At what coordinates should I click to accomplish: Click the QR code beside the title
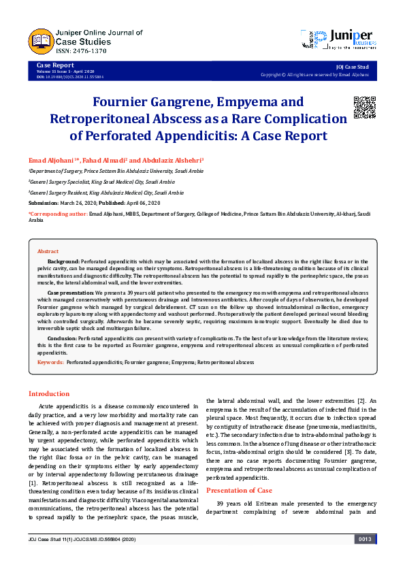(x=364, y=108)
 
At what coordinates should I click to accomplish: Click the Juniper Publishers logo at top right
(x=338, y=39)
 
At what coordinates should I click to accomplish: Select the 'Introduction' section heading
(x=48, y=393)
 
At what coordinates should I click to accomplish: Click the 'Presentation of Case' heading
(x=239, y=489)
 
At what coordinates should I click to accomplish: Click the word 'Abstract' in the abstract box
(x=48, y=251)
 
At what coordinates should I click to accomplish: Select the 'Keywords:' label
(x=51, y=363)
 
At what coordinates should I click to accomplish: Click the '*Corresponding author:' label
(x=59, y=214)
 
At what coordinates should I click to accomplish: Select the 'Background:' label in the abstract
(x=63, y=261)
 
